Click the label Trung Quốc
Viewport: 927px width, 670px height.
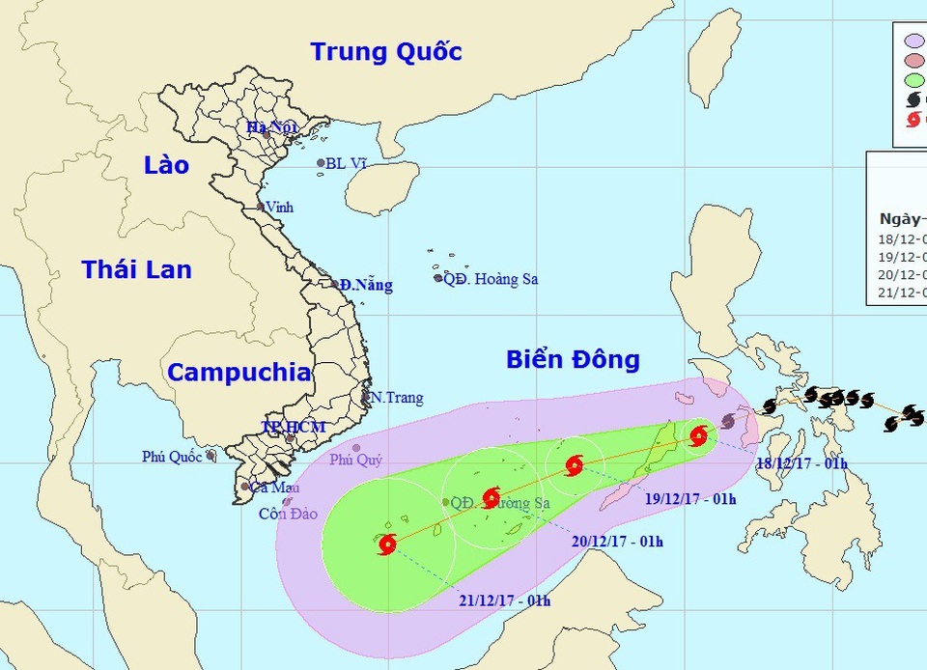pyautogui.click(x=386, y=51)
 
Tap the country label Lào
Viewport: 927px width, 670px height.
pyautogui.click(x=167, y=165)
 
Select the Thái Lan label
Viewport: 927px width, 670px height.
pyautogui.click(x=136, y=269)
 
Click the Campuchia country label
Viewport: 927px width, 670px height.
pyautogui.click(x=239, y=373)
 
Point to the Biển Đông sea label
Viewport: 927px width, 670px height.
pyautogui.click(x=573, y=360)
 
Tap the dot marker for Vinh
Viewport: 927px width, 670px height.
pyautogui.click(x=261, y=207)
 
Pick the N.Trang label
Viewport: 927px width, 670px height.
pyautogui.click(x=397, y=398)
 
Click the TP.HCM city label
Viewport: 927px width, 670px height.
pyautogui.click(x=293, y=427)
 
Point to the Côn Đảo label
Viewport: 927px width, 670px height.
pyautogui.click(x=288, y=514)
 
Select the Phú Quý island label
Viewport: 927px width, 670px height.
pyautogui.click(x=355, y=461)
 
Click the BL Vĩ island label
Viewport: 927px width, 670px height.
pyautogui.click(x=347, y=163)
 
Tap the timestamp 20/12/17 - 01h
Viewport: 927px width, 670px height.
pyautogui.click(x=617, y=541)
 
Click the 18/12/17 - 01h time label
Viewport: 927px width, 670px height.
pyautogui.click(x=801, y=463)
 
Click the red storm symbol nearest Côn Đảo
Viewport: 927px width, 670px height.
pyautogui.click(x=387, y=544)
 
